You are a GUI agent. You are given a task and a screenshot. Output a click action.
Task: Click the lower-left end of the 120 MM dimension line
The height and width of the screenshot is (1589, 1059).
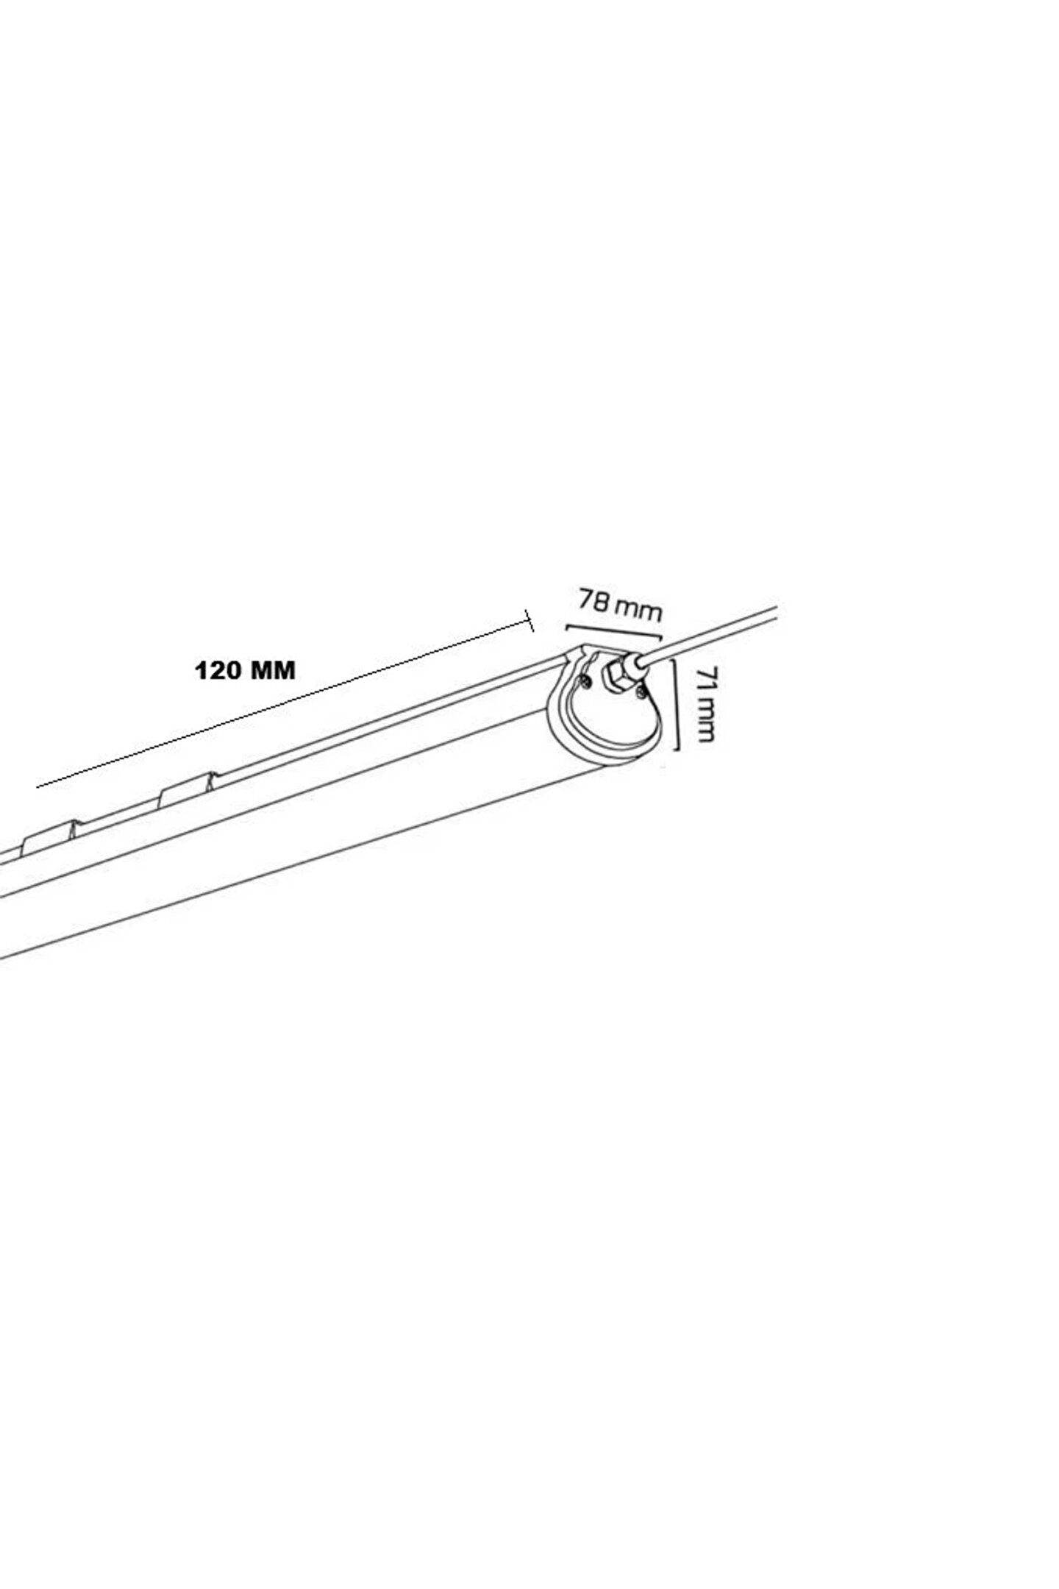click(x=37, y=787)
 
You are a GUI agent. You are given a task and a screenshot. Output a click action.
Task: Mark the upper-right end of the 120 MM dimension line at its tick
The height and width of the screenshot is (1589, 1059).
click(x=529, y=621)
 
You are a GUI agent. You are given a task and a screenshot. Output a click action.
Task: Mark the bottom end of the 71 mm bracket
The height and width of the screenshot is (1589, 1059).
click(x=674, y=749)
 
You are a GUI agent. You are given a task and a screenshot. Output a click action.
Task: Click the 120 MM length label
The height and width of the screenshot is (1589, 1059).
click(x=245, y=671)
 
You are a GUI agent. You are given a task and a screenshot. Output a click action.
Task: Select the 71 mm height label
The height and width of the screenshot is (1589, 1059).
click(x=705, y=704)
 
